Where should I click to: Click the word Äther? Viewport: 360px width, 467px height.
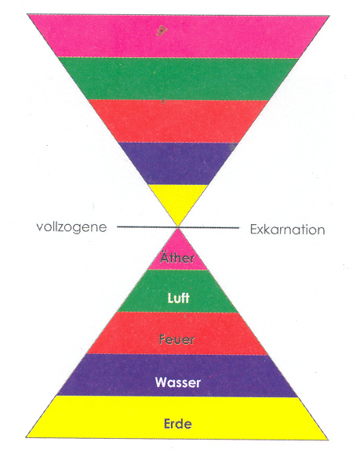pos(177,257)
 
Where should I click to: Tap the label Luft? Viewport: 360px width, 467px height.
pos(178,298)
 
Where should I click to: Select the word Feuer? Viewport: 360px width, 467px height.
pos(176,339)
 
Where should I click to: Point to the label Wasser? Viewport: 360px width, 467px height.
pos(178,382)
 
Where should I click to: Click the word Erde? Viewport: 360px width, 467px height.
pos(177,424)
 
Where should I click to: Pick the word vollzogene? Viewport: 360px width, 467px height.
pos(71,227)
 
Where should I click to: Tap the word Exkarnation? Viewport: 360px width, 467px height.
pos(287,230)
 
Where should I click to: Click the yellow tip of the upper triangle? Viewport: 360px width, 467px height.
pos(178,202)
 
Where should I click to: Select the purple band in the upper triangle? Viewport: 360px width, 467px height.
pos(178,164)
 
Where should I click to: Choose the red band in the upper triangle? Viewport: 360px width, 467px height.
pos(178,121)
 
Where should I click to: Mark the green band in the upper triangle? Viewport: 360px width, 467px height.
pos(178,78)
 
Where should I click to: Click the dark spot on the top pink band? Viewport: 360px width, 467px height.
pos(162,31)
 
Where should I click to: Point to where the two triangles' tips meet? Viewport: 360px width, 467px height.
pos(178,227)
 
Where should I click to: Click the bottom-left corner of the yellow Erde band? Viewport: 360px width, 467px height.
pos(26,437)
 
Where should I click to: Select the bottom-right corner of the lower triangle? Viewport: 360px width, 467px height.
pos(328,440)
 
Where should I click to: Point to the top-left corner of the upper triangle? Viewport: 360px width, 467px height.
pos(27,14)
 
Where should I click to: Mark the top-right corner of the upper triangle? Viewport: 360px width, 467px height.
pos(329,16)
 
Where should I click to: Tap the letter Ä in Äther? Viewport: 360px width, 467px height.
pos(165,257)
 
